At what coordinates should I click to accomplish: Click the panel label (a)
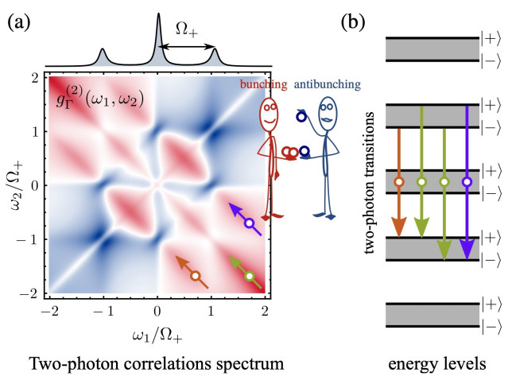19,22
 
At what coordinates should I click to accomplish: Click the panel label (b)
353,22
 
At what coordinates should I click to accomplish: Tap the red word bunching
263,84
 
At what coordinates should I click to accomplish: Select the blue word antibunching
328,84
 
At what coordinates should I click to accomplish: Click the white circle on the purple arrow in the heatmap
249,223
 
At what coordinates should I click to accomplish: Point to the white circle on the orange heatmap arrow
196,276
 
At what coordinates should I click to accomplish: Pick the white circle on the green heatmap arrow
250,277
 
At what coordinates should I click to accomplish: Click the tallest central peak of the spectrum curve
158,14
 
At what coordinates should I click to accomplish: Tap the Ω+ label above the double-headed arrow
187,29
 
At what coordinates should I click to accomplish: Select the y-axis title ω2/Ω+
17,185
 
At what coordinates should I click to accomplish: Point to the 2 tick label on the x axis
265,311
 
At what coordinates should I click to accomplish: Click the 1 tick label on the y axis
35,131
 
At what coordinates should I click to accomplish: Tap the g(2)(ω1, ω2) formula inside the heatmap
100,99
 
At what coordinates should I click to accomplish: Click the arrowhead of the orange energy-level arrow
399,227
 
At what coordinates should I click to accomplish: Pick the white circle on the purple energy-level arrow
467,182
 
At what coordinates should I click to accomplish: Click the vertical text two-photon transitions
369,182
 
